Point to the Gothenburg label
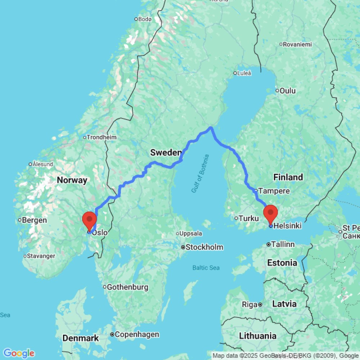[x=127, y=287]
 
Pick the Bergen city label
[x=35, y=220]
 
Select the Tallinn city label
[x=283, y=244]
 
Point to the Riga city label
[x=249, y=304]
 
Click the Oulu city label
[x=288, y=90]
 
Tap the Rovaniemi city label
[x=298, y=44]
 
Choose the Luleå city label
[x=244, y=73]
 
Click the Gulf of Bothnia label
[x=200, y=174]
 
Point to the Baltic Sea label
[x=206, y=268]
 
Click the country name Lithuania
[x=258, y=336]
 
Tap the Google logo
[x=19, y=353]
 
